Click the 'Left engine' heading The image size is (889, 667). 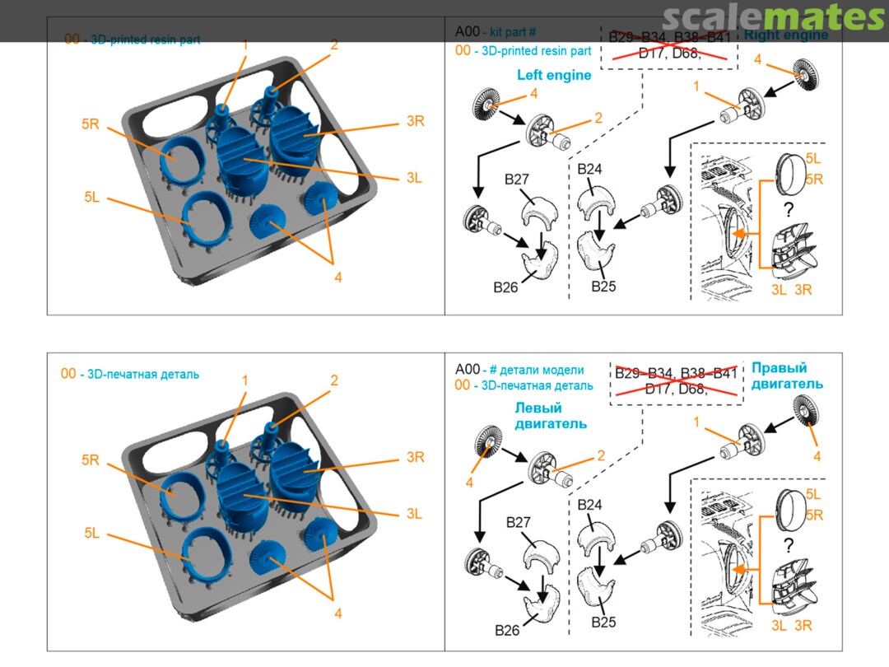554,75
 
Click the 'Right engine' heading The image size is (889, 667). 785,35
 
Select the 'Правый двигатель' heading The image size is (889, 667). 787,375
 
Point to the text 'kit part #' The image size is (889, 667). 513,32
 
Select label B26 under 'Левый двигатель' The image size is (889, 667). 507,630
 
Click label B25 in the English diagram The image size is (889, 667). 603,287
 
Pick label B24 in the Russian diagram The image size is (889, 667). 590,504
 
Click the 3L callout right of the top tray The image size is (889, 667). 413,177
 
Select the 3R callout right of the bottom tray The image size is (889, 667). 415,458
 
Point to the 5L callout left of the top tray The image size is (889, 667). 91,197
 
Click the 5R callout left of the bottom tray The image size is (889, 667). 91,460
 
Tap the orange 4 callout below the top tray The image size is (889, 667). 338,278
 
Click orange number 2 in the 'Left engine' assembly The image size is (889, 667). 598,118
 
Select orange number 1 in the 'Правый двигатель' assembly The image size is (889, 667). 696,422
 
